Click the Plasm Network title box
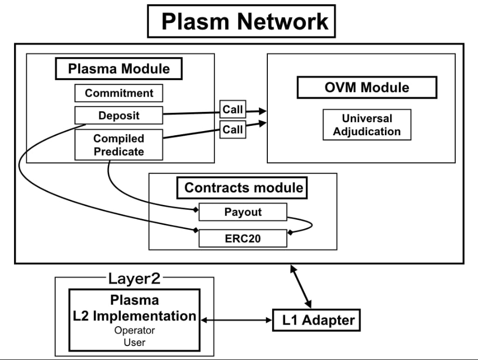coord(243,21)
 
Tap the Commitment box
coord(119,93)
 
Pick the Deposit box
coord(119,115)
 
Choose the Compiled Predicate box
coord(119,145)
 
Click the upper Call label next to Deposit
coord(233,110)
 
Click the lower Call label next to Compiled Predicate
coord(233,130)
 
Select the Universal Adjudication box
coord(367,124)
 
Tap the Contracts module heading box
coord(243,188)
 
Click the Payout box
coord(242,212)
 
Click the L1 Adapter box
coord(315,320)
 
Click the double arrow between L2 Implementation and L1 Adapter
coord(237,320)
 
